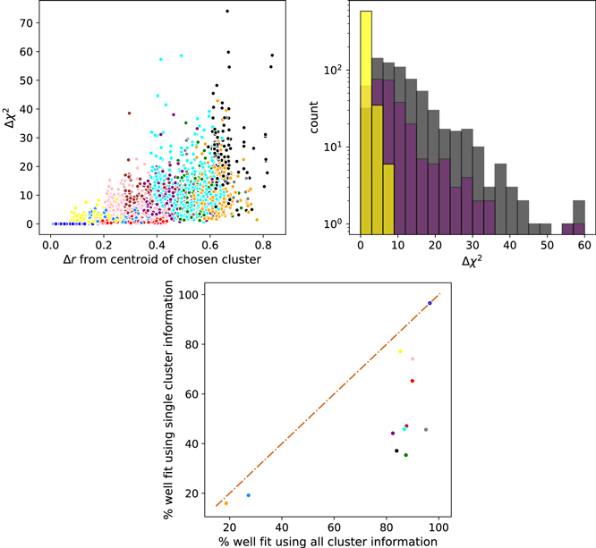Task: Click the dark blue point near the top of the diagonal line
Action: point(430,303)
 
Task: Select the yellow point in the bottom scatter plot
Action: point(400,351)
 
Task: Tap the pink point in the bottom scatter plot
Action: point(413,359)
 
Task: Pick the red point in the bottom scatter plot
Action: point(413,381)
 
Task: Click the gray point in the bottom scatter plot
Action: point(426,430)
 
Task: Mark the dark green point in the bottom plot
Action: point(405,455)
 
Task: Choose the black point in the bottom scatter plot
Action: point(396,451)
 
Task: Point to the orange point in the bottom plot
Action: point(226,503)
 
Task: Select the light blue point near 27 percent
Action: point(249,495)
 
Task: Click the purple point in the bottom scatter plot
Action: point(393,434)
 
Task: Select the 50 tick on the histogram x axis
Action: point(547,242)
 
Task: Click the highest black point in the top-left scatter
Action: point(227,11)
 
